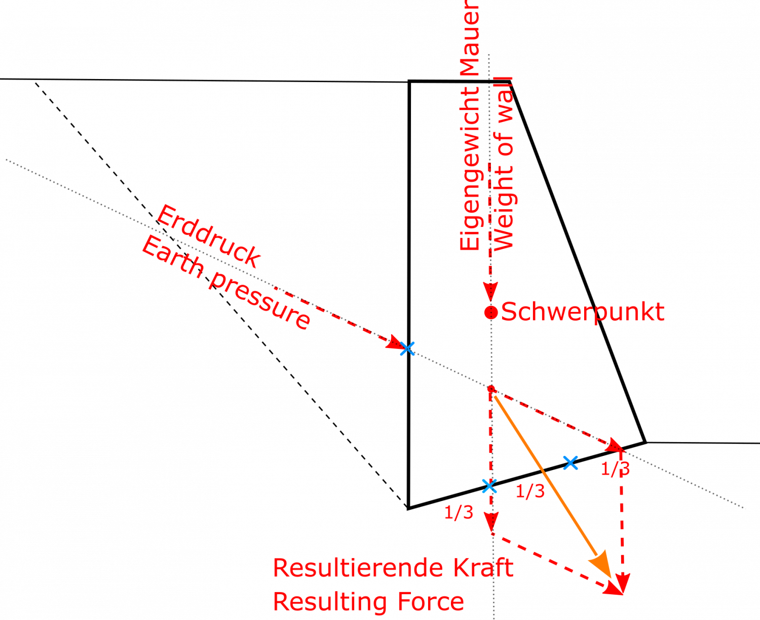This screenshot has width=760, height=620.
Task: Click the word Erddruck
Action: point(208,237)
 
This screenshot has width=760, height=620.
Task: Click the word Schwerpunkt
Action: point(583,312)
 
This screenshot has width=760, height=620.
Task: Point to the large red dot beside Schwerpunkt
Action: point(491,313)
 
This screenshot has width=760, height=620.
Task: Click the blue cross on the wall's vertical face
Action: point(407,348)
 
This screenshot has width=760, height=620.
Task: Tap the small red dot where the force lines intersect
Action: point(491,389)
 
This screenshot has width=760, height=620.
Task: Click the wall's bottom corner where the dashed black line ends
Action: point(408,509)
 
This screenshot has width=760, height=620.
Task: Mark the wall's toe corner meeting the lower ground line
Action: point(645,442)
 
